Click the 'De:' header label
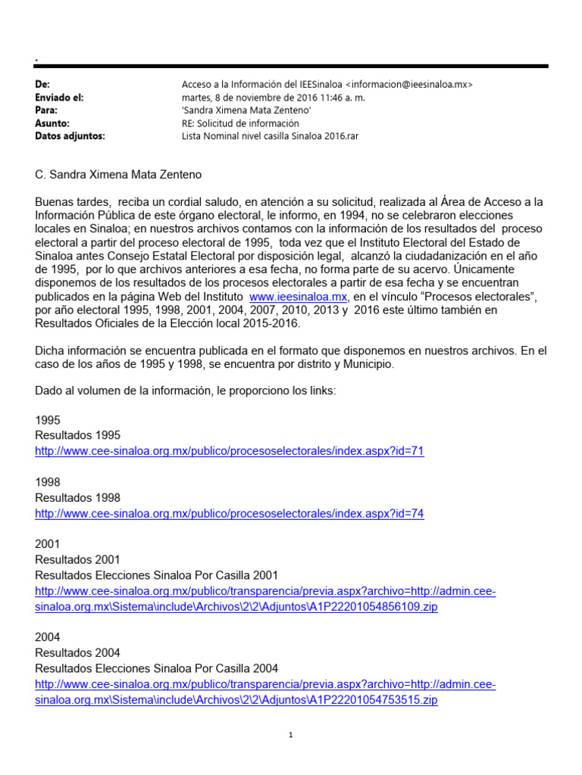pos(42,84)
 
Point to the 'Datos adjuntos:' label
pos(70,135)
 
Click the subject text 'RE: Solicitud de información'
pos(240,123)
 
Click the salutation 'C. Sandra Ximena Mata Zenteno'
pos(118,176)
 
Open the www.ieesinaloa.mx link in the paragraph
pos(298,296)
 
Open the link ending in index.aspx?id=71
pos(230,451)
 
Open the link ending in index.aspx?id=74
pos(230,513)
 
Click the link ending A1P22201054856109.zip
pos(236,607)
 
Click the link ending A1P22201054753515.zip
pos(236,700)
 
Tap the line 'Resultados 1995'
pos(78,435)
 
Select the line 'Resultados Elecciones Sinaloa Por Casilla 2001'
pos(157,575)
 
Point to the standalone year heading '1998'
pos(48,482)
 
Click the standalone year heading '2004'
pos(48,637)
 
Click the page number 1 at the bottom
pos(291,735)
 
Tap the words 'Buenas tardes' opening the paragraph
pos(71,202)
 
